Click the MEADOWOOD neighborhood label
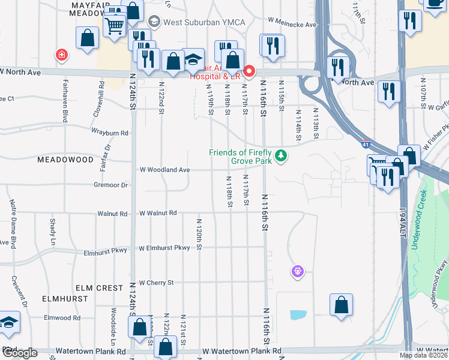click(65, 160)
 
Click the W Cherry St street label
click(156, 282)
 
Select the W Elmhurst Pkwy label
click(164, 248)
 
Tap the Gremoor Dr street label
click(110, 185)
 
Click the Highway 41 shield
click(366, 145)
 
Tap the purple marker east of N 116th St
click(297, 272)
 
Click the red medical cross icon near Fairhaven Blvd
click(61, 55)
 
